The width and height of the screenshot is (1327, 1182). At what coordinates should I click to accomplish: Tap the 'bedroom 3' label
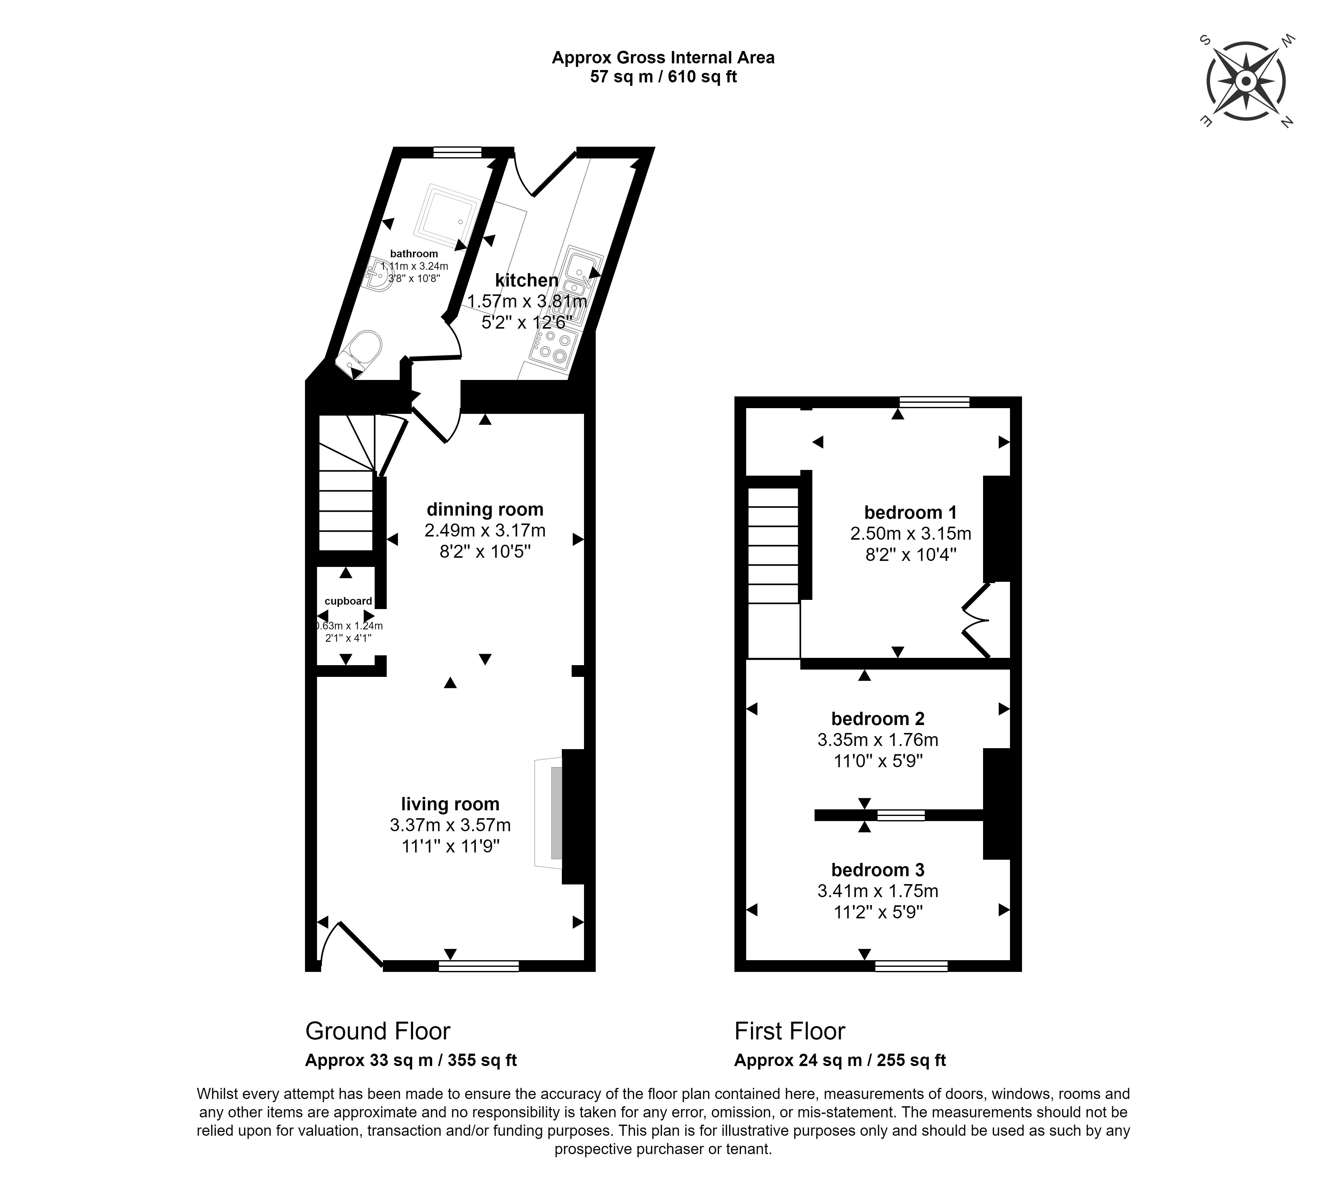(878, 870)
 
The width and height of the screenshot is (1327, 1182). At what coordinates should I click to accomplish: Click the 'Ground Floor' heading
(378, 1031)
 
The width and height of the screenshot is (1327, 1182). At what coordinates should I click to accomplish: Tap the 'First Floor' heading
(790, 1031)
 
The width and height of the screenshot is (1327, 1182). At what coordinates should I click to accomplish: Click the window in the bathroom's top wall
(458, 153)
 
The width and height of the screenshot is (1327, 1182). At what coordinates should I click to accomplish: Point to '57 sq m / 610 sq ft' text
(663, 77)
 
